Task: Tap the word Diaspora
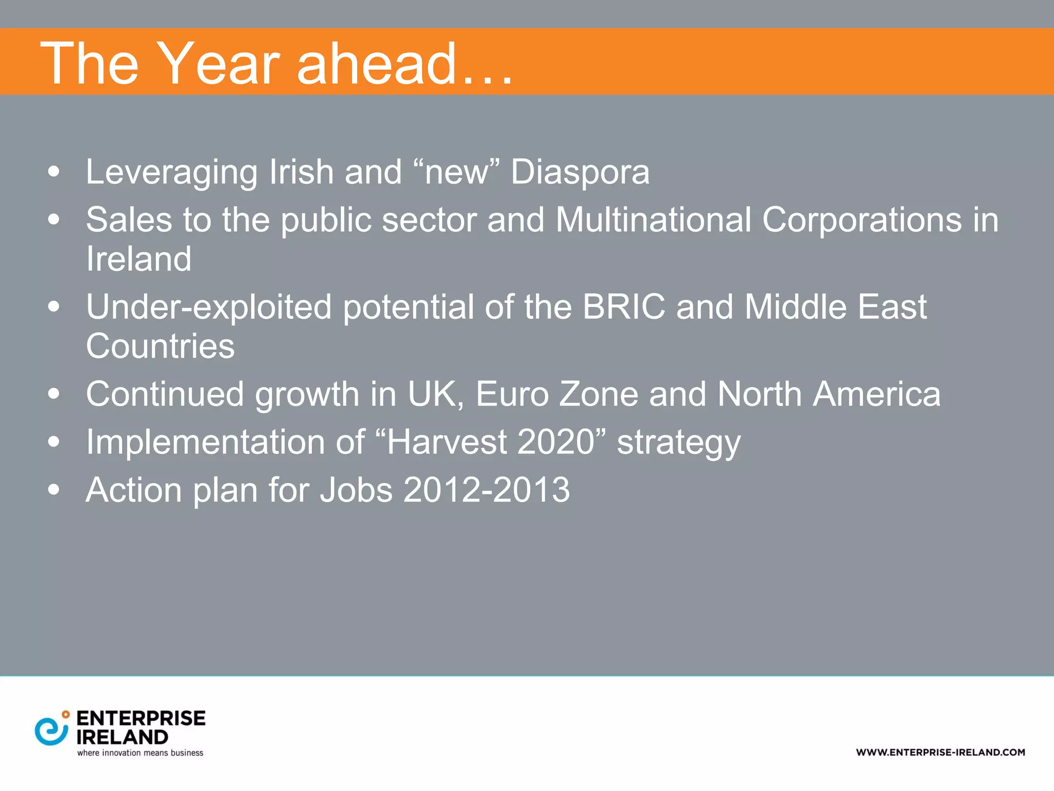[x=580, y=172]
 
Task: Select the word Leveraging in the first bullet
[x=171, y=173]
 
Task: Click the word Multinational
[x=653, y=220]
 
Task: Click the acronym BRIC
[x=623, y=307]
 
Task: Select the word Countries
[x=160, y=346]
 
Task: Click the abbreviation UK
[x=432, y=394]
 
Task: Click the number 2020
[x=556, y=442]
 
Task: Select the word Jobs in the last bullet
[x=356, y=490]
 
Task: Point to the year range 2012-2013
[x=486, y=490]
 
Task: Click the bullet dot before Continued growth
[x=54, y=394]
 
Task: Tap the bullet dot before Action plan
[x=54, y=490]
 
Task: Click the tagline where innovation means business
[x=140, y=753]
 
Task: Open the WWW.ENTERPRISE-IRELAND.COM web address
[x=940, y=752]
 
